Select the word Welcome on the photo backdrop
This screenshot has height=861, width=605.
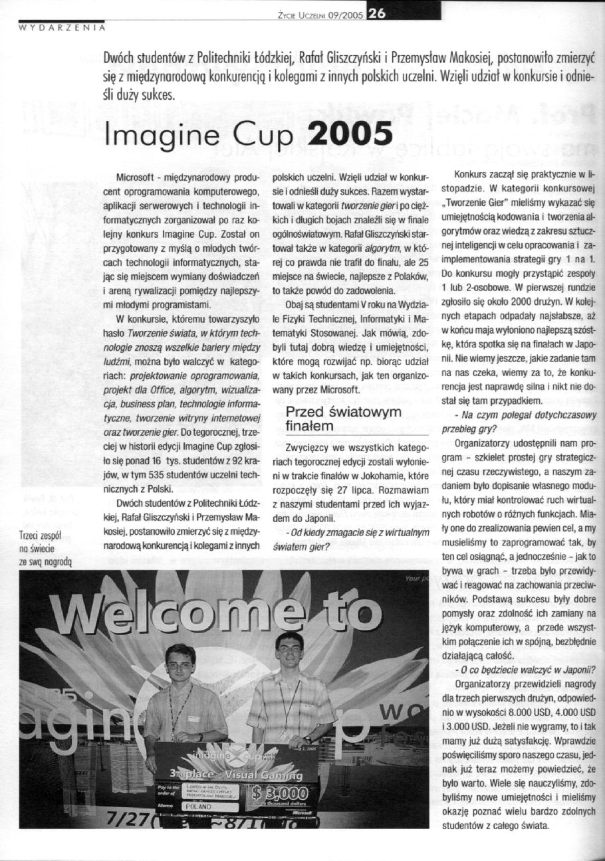199,611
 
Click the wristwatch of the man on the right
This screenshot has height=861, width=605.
308,739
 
